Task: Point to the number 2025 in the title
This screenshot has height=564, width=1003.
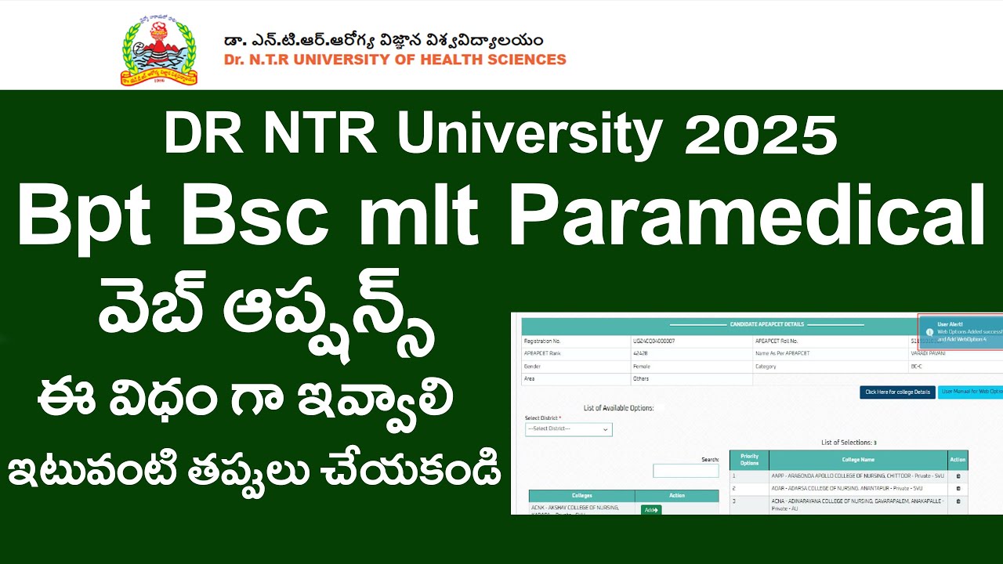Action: click(760, 135)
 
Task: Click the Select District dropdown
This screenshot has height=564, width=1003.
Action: click(568, 429)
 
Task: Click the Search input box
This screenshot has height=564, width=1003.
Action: click(686, 471)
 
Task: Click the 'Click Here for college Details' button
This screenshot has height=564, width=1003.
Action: click(897, 392)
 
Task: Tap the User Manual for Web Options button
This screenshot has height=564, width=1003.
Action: click(971, 392)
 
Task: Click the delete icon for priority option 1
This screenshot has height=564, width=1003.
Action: click(958, 475)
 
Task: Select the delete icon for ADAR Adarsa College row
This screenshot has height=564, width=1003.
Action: click(958, 488)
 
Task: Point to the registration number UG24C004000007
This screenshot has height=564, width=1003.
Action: click(654, 342)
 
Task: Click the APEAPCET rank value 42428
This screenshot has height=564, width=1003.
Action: click(639, 354)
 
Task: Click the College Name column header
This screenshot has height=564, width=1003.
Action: click(858, 460)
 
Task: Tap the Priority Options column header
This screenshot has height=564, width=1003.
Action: click(749, 460)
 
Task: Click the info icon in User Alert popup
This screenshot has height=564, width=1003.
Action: click(929, 332)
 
